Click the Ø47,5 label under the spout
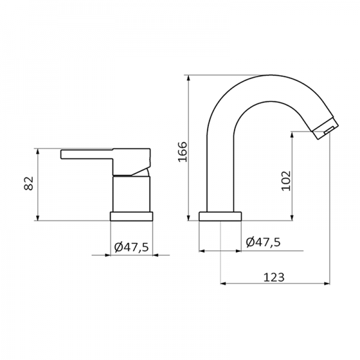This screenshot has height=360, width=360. (x=263, y=242)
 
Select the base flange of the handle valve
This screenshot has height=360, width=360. (x=131, y=216)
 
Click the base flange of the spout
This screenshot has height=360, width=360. (x=221, y=216)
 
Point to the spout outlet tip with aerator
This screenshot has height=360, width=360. (x=325, y=129)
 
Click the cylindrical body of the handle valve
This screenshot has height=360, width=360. (x=131, y=193)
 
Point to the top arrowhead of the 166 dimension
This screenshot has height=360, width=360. (x=190, y=79)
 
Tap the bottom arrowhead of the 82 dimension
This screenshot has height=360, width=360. (x=38, y=218)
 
